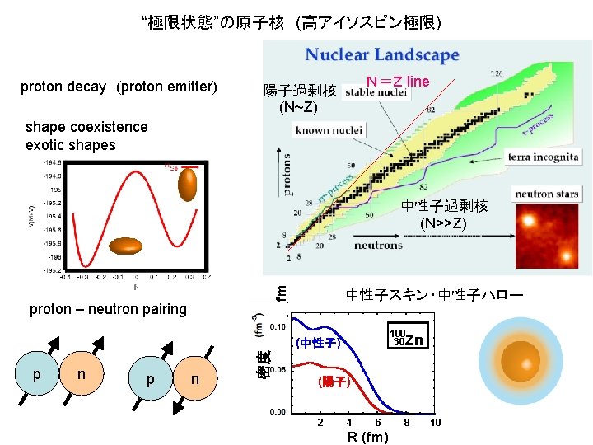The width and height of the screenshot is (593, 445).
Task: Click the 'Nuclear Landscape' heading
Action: pos(382,56)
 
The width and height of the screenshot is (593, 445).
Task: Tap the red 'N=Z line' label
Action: pos(398,81)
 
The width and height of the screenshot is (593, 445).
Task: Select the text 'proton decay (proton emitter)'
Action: pos(118,87)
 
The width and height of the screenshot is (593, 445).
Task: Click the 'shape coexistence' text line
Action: pos(86,127)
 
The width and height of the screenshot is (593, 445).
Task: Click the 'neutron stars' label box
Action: pos(547,194)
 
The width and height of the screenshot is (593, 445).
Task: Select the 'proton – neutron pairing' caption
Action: pos(108,309)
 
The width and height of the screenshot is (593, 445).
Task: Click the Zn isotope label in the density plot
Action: pos(408,339)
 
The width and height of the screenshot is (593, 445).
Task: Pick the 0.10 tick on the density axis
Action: pos(278,326)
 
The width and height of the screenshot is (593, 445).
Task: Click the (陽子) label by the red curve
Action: pos(334,382)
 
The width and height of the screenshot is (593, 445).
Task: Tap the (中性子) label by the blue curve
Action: pos(318,343)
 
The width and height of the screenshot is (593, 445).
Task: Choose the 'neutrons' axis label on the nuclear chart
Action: pos(379,245)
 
